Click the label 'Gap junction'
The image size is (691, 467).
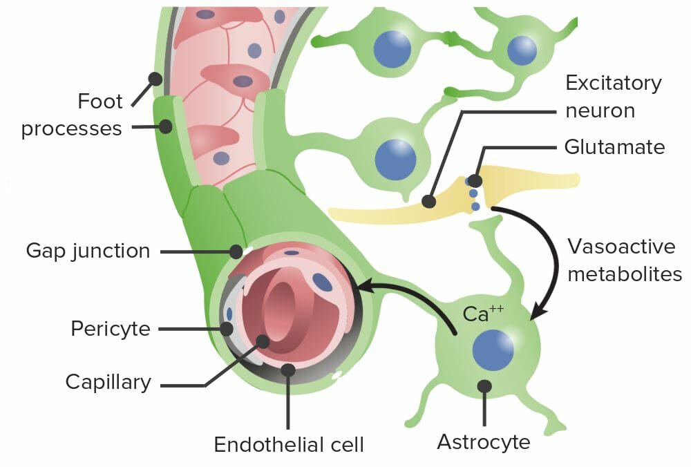[88, 250]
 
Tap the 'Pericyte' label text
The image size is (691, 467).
[111, 328]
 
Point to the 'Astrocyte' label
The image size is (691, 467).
[483, 441]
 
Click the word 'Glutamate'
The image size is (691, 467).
[614, 146]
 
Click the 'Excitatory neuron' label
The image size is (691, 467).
[613, 97]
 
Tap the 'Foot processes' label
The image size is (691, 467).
[72, 115]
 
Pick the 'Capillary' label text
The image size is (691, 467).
[108, 382]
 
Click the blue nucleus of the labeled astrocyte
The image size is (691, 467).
[493, 350]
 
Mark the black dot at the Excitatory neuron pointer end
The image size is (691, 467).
[428, 201]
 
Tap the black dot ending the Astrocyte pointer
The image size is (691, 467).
[485, 385]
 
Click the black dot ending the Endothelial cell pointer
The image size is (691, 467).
[288, 370]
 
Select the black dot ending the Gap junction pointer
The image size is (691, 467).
[237, 250]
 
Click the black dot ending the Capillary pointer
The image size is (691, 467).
[263, 340]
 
